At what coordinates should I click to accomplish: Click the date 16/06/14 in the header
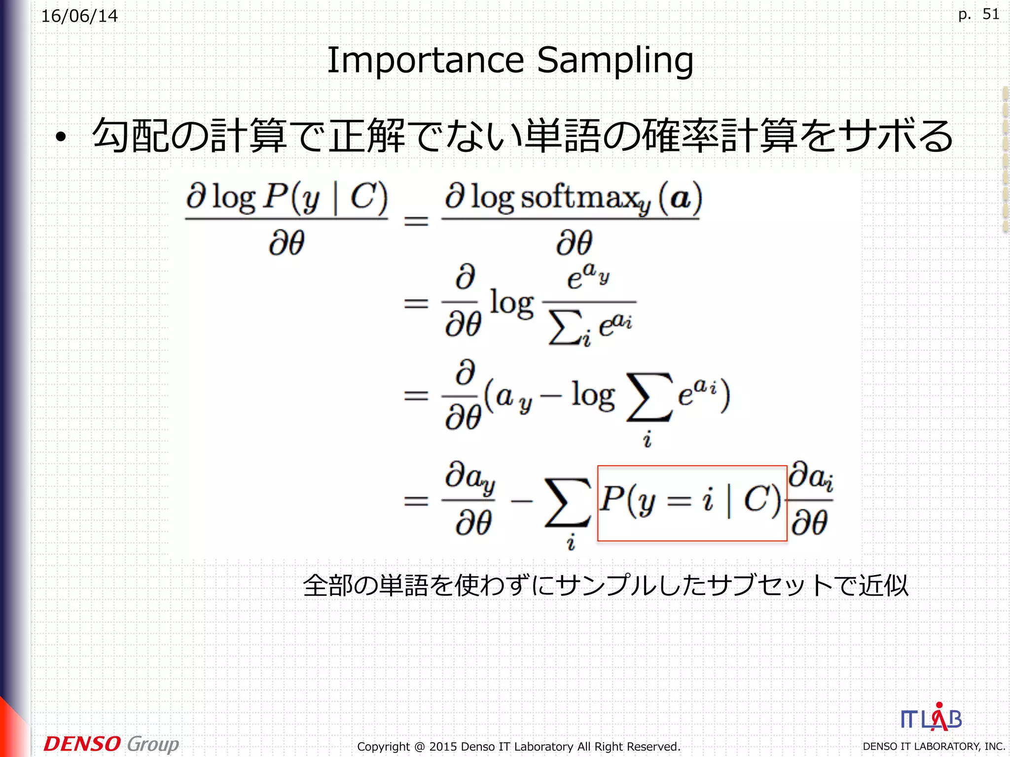tap(79, 16)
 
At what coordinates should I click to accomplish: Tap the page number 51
tap(991, 14)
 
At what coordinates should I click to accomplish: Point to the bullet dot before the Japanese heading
tap(61, 138)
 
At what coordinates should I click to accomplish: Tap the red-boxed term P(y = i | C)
tap(691, 502)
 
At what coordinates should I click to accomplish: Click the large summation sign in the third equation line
tap(649, 397)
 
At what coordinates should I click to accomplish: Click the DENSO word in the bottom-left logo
tap(82, 744)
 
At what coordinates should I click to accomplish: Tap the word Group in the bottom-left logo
tap(153, 744)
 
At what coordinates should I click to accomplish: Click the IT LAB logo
tap(931, 718)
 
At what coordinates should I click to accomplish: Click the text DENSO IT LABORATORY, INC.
tap(934, 747)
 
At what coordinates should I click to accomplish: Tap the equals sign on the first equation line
tap(416, 220)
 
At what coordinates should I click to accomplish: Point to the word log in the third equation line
tap(593, 396)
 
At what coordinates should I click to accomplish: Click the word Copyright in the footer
tap(383, 747)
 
